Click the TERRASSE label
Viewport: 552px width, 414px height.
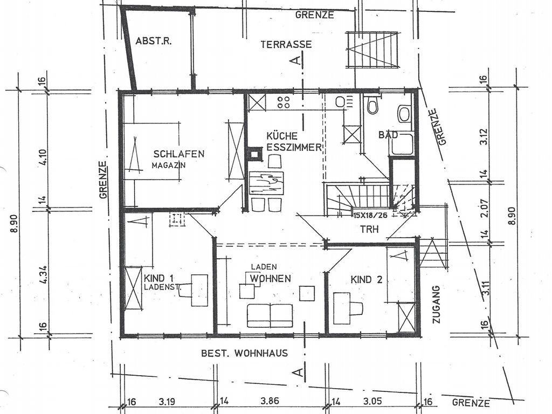click(x=286, y=44)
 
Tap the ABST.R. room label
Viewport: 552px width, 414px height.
click(x=154, y=42)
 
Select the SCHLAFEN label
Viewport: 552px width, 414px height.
click(x=179, y=154)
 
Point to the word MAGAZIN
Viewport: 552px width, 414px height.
click(x=169, y=165)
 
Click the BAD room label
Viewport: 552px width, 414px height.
click(x=388, y=134)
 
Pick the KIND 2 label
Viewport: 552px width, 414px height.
click(x=366, y=280)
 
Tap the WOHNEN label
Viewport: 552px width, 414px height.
click(x=271, y=279)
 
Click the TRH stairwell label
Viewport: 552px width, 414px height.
click(x=369, y=229)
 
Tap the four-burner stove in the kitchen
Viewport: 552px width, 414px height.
click(x=284, y=102)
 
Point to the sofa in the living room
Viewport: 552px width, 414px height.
click(x=270, y=316)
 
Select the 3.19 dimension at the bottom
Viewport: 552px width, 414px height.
click(x=167, y=401)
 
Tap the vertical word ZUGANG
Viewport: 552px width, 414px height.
click(x=437, y=304)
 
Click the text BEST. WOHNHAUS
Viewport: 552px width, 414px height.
click(x=244, y=353)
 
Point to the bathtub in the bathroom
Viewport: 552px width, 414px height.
click(x=402, y=144)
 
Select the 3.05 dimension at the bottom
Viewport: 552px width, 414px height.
click(x=372, y=401)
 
